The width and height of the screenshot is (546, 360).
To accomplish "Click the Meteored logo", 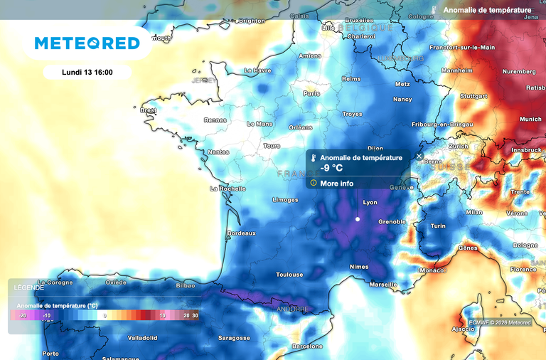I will tap(87, 43).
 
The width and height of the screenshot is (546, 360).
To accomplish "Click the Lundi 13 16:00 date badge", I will tap(87, 72).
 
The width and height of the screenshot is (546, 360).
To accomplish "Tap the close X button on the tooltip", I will tap(419, 156).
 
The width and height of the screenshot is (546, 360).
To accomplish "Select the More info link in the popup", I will tap(336, 183).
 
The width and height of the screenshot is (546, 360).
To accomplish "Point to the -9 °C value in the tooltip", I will tap(332, 168).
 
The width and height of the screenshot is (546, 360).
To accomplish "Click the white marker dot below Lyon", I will tap(358, 219).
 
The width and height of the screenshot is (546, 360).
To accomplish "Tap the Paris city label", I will tap(311, 93).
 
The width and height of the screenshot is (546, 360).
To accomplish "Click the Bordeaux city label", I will tap(240, 233).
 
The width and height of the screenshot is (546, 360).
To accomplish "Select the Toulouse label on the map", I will tap(289, 275).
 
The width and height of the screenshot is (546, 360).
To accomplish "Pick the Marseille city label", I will tap(383, 285).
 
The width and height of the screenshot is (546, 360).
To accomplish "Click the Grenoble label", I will tap(392, 221).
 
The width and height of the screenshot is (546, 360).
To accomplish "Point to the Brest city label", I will tap(148, 110).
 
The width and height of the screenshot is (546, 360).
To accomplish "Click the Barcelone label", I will tap(307, 346).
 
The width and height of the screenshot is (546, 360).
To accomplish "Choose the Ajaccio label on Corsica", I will tap(464, 329).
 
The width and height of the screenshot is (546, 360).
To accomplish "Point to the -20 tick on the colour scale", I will tap(23, 314).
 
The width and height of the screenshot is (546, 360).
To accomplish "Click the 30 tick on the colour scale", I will tap(196, 314).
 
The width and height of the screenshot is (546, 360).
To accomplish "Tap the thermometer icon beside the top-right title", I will tap(433, 11).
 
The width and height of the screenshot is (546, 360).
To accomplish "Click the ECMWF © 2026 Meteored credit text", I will tap(500, 322).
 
